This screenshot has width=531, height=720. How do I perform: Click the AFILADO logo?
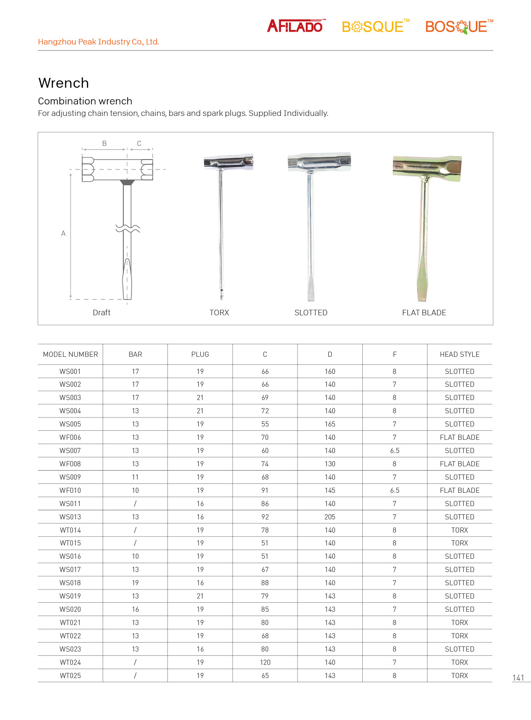(x=295, y=27)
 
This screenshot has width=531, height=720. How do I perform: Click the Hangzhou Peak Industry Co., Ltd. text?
(x=98, y=42)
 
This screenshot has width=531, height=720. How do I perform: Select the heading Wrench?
(x=63, y=83)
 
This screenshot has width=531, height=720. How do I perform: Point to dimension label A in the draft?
(x=63, y=234)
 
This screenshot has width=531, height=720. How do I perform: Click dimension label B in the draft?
(x=104, y=144)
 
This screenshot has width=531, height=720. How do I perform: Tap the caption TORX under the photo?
(x=219, y=313)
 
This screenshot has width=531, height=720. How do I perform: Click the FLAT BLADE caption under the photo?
(x=424, y=313)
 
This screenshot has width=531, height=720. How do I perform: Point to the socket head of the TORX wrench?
(x=228, y=163)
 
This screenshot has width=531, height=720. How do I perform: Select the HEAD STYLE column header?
(x=459, y=354)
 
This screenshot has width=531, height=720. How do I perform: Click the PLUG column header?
(x=200, y=354)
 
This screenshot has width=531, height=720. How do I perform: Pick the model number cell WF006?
(x=70, y=437)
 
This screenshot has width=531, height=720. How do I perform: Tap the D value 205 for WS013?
(x=330, y=517)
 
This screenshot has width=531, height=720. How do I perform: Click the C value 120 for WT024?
(x=265, y=662)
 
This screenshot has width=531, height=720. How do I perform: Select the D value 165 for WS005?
(x=330, y=424)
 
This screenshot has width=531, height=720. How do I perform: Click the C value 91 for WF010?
(x=265, y=490)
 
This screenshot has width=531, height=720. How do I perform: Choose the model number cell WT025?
(x=70, y=676)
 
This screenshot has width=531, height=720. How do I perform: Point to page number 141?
(x=518, y=678)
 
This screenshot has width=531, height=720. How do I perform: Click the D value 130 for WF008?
(x=330, y=464)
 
